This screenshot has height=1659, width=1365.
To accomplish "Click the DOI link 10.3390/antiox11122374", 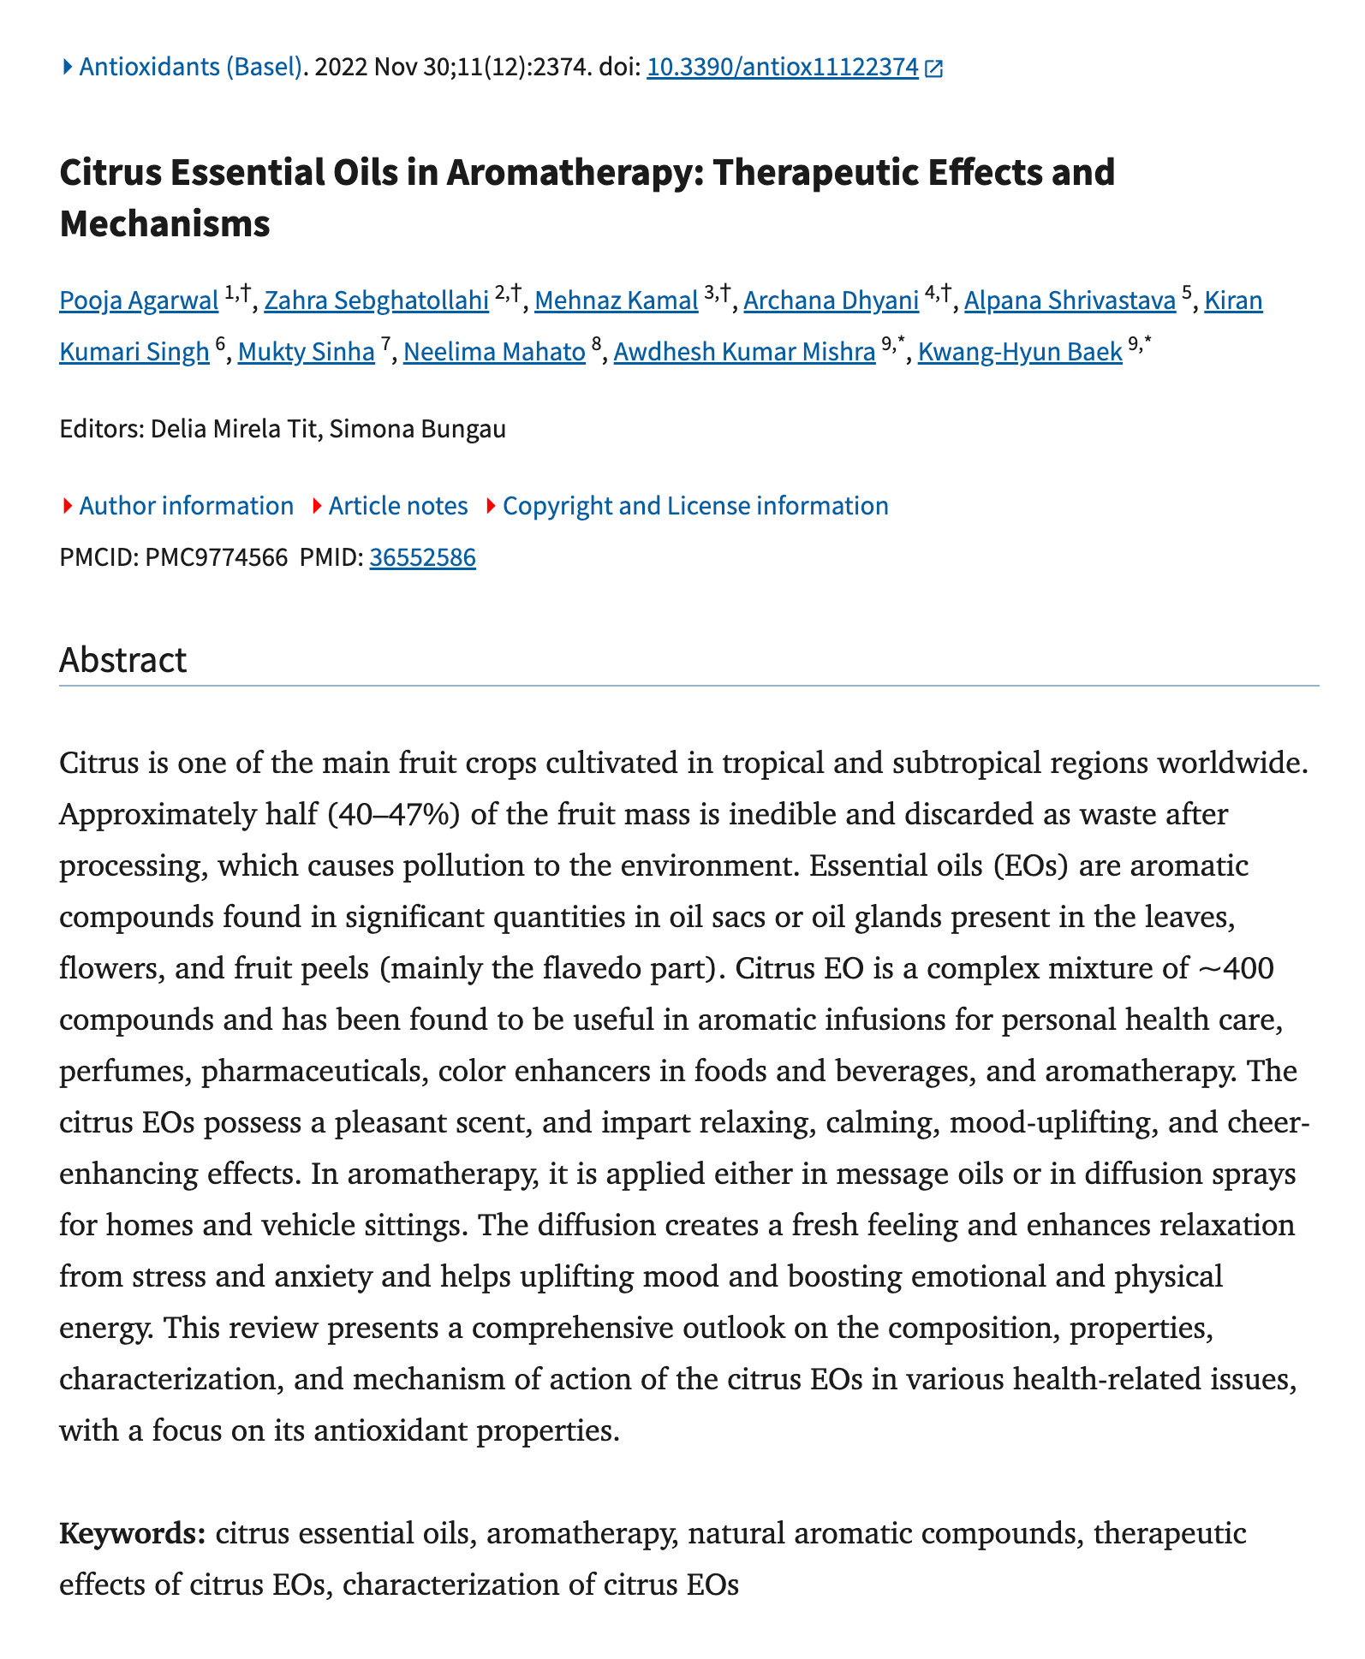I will pos(782,68).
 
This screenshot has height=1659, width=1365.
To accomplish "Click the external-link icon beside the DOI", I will pos(934,69).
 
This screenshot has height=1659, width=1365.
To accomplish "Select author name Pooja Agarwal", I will pos(139,301).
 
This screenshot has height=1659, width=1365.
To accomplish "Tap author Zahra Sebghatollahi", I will pos(376,301).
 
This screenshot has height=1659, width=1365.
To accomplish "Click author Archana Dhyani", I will pos(831,301).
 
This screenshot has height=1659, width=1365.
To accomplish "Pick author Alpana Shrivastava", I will pos(1070,301).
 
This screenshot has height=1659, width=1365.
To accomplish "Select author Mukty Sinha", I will pos(306,352).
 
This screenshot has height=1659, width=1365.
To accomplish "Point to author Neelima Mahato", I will pos(494,352).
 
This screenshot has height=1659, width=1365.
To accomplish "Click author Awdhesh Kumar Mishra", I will pos(744,352).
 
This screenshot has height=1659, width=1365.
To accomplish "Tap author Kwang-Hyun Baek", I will pos(1019,352).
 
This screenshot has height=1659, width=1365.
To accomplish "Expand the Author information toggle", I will pos(185,506).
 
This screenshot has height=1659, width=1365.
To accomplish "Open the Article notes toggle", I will pos(397,506).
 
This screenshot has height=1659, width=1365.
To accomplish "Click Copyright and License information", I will pos(694,506).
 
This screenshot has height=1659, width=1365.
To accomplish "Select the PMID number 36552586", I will pos(422,558).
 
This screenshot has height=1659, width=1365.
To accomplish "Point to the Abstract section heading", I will pos(123,661).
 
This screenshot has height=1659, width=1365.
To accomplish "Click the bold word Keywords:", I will pos(132,1533).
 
